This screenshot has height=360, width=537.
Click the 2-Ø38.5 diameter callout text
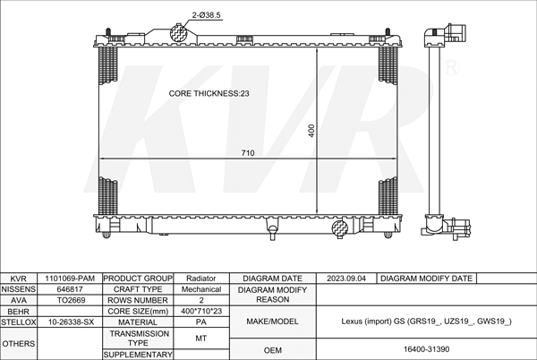(206, 15)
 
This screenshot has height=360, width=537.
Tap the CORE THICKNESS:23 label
(209, 93)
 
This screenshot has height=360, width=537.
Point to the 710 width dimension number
(248, 153)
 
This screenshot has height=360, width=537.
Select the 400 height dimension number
(311, 131)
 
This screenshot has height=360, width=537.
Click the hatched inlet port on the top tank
(178, 33)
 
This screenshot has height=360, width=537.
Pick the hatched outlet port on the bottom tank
(340, 227)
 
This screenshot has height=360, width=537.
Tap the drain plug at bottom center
(273, 232)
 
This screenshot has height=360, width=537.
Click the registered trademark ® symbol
(451, 67)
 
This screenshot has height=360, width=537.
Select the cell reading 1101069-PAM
(70, 279)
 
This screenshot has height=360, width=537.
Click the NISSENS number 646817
(70, 289)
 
